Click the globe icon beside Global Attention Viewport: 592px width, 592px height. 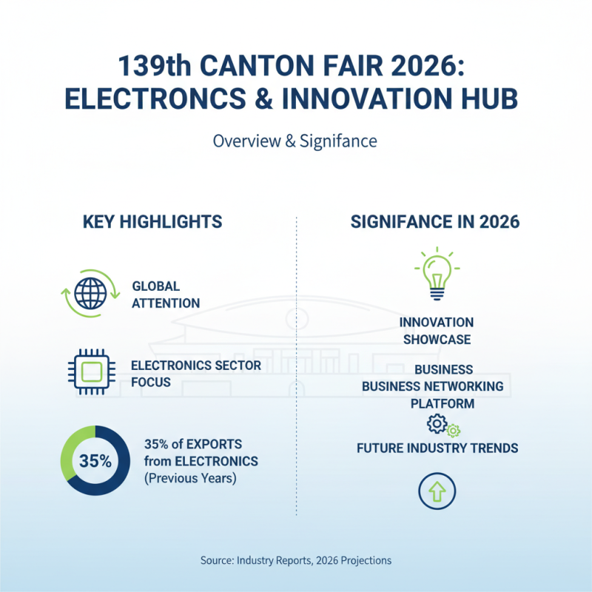coord(90,294)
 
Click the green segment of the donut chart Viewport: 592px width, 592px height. coord(73,444)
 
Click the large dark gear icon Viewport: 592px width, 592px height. coord(437,424)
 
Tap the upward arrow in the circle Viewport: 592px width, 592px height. coord(437,491)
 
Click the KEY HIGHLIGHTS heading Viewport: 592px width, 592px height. coord(152,222)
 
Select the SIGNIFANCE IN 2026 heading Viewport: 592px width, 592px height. coord(434,222)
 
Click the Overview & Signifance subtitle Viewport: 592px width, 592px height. coord(295,141)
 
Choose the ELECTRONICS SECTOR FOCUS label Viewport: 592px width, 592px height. coord(195,374)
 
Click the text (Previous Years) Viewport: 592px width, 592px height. coord(190,478)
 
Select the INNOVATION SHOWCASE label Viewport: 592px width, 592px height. coord(436,332)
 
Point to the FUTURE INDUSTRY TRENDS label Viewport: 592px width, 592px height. coord(437,448)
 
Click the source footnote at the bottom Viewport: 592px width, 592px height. coord(295,560)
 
